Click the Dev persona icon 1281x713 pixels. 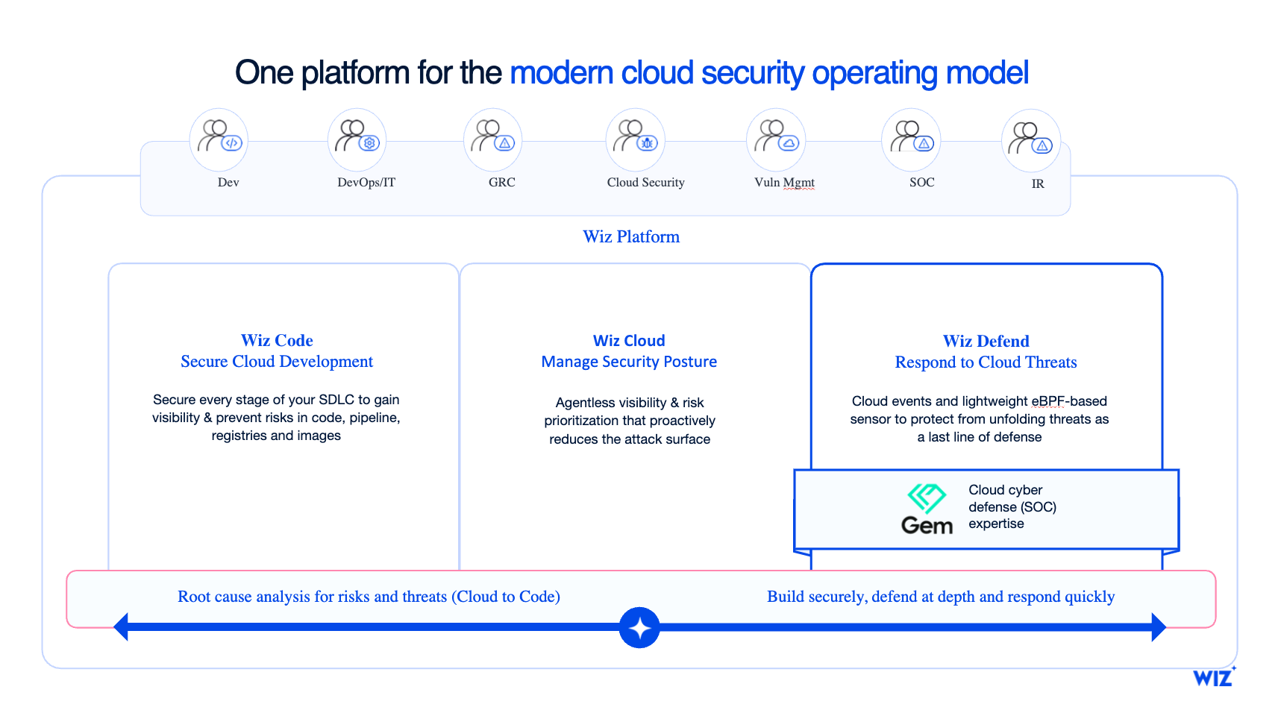pos(219,139)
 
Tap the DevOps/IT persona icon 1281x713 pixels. pos(357,139)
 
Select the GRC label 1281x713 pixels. pos(501,183)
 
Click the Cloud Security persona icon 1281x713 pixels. pos(635,139)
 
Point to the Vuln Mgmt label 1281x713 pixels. pos(784,183)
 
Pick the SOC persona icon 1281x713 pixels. pos(911,139)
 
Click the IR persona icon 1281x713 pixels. pos(1030,140)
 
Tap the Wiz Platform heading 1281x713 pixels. pos(631,237)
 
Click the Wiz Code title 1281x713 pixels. pos(277,341)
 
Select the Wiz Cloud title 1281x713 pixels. pos(629,341)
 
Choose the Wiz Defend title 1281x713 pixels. pos(986,342)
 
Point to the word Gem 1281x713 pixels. pos(927,526)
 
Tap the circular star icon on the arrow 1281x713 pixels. pos(639,628)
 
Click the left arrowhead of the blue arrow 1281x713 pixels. pos(122,626)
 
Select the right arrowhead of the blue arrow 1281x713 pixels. pos(1158,626)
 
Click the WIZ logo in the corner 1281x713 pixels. pos(1213,677)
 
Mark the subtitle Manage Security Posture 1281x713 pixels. pos(629,362)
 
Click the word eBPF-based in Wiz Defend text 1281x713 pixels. pos(1069,401)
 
